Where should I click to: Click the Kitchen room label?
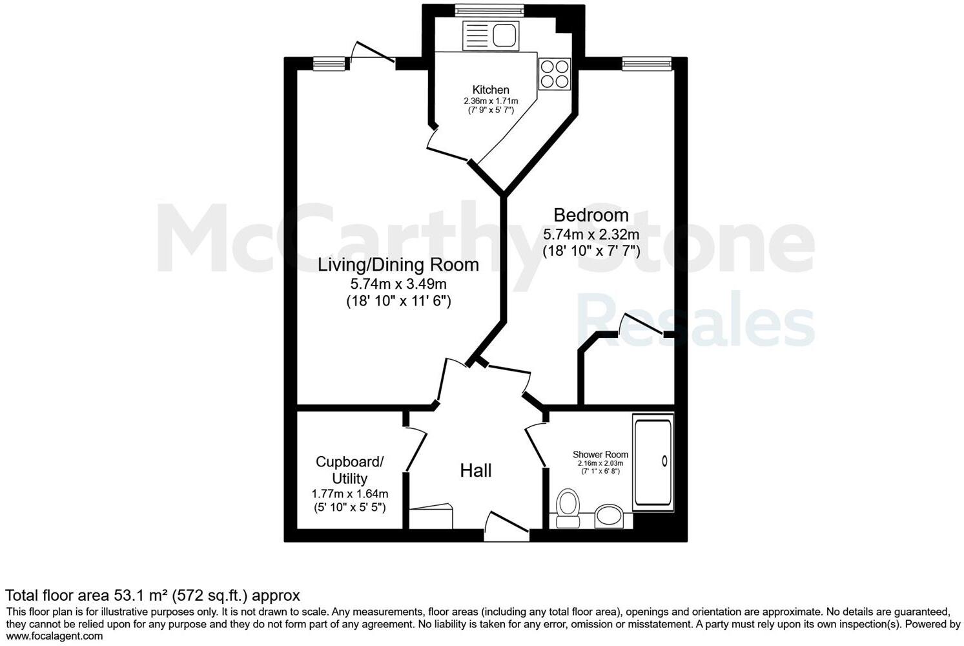tap(491, 90)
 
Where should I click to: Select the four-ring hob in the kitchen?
tap(555, 74)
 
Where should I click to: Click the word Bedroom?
tap(591, 214)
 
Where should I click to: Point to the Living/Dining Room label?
tap(398, 265)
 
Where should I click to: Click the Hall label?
tap(476, 471)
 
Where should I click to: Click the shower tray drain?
tap(664, 461)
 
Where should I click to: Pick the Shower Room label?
tap(600, 455)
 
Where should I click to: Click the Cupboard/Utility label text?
tap(349, 470)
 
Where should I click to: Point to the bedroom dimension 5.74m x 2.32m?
tap(591, 234)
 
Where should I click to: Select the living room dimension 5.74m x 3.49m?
tap(398, 284)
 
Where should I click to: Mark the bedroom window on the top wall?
tap(646, 62)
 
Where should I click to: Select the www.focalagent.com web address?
tap(54, 636)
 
